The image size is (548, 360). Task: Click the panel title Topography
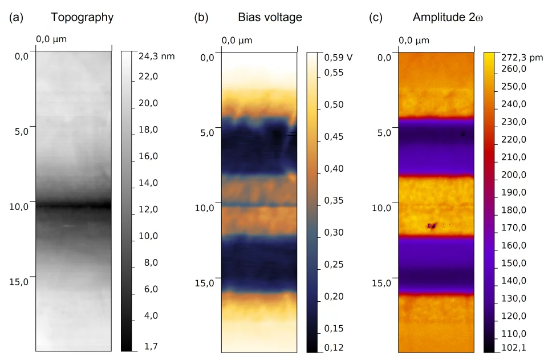coord(82,18)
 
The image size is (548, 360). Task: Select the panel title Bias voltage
coord(270,18)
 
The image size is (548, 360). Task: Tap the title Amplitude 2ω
coord(448,18)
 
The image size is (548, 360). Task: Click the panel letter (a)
coord(17,18)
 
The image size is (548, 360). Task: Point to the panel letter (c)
coord(376,18)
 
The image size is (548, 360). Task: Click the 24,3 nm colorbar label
coord(156,56)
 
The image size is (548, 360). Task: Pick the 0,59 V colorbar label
coord(338,57)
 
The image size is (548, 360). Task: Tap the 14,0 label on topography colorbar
coord(148,183)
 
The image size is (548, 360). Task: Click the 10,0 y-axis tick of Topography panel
coord(19,206)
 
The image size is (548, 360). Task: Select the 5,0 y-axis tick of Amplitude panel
coord(384,133)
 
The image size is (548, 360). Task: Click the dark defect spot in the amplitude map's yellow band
coord(432,226)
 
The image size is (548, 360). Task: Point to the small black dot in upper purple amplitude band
coord(463,135)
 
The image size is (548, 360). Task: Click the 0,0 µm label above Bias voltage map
coord(237,41)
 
